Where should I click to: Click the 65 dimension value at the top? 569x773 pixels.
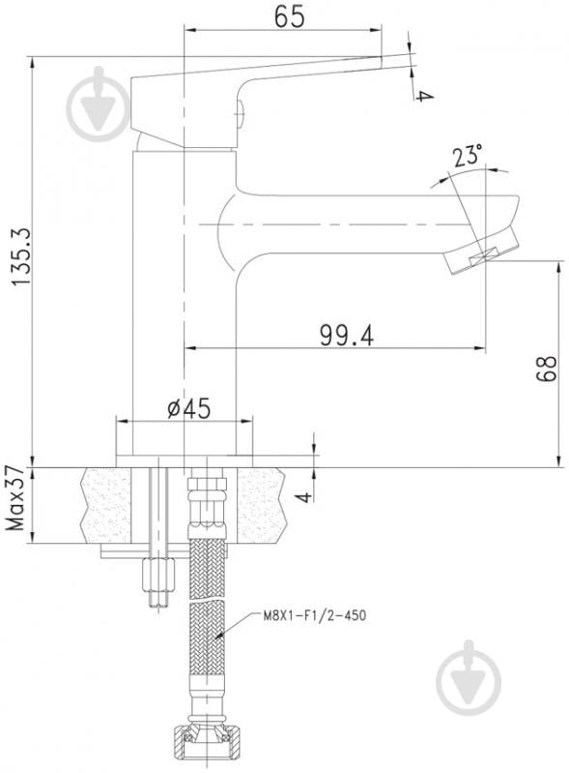tap(290, 16)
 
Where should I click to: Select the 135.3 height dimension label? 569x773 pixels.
tap(21, 256)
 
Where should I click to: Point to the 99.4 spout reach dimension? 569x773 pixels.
tap(347, 336)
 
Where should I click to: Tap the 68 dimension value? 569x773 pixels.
tap(547, 368)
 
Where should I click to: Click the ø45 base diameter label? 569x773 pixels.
tap(189, 408)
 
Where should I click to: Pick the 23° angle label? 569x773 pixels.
tap(468, 157)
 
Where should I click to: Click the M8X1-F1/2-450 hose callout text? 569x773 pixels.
tap(315, 615)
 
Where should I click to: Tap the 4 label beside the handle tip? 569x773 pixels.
tap(422, 95)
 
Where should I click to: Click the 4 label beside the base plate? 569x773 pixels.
tap(305, 496)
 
